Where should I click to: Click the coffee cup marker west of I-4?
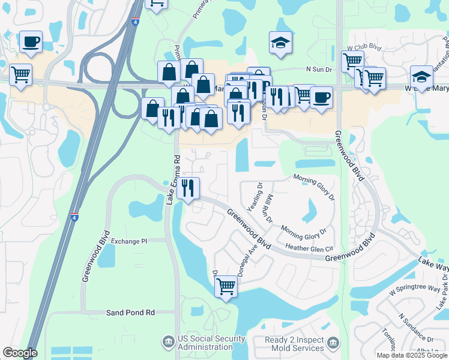[31, 42]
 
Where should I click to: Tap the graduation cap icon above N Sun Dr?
[280, 43]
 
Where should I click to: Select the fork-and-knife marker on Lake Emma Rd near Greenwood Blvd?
[187, 188]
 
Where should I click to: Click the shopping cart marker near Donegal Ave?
[226, 287]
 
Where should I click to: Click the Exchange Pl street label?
[128, 241]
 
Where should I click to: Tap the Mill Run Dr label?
[270, 207]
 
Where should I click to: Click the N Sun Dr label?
[319, 69]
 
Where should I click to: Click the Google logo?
[20, 353]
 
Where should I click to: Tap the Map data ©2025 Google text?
[412, 355]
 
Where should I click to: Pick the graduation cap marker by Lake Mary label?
[421, 76]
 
